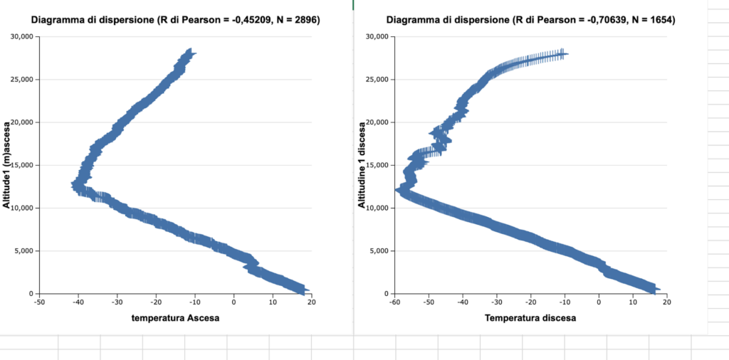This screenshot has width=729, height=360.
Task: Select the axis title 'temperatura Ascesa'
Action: [175, 318]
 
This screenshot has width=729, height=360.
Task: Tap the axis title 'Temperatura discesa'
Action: [530, 318]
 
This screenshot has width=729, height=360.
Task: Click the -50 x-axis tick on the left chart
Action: [40, 302]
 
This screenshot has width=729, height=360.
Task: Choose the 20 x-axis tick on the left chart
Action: [311, 302]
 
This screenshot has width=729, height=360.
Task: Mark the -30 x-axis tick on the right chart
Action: [496, 302]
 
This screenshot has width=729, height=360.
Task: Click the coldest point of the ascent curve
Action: [73, 184]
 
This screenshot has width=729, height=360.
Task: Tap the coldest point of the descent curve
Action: [397, 190]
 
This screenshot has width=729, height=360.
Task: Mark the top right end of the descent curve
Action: [565, 53]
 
